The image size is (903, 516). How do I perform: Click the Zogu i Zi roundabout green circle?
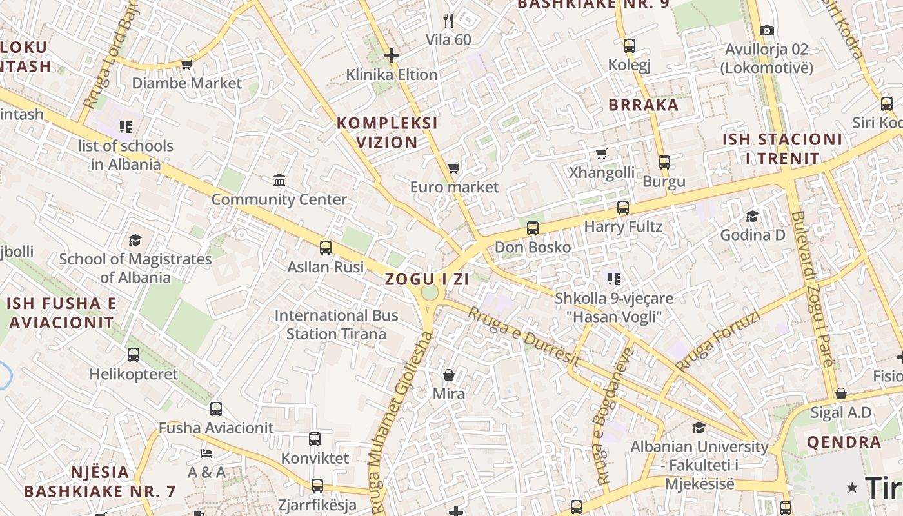pyautogui.click(x=429, y=293)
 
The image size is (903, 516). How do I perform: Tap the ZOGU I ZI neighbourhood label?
pyautogui.click(x=427, y=279)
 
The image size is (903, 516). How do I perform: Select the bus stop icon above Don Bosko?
pyautogui.click(x=532, y=228)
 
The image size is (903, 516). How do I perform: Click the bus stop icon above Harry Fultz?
pyautogui.click(x=622, y=208)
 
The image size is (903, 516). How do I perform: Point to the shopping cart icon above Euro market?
pyautogui.click(x=454, y=168)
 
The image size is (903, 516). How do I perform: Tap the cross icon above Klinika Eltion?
pyautogui.click(x=391, y=55)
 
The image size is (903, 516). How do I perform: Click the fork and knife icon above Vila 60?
pyautogui.click(x=449, y=21)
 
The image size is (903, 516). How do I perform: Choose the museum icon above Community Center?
pyautogui.click(x=279, y=180)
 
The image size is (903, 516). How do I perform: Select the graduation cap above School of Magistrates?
pyautogui.click(x=135, y=240)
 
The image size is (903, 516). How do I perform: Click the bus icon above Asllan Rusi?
pyautogui.click(x=326, y=247)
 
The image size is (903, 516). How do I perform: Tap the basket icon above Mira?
pyautogui.click(x=448, y=375)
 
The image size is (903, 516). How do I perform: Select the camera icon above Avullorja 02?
pyautogui.click(x=766, y=30)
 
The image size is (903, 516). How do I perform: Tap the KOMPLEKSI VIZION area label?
pyautogui.click(x=387, y=132)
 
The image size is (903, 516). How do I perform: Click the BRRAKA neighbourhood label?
pyautogui.click(x=644, y=105)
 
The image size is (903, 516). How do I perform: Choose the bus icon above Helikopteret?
pyautogui.click(x=134, y=354)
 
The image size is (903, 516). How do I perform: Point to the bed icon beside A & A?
pyautogui.click(x=206, y=453)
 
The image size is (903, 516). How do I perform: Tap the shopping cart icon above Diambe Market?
pyautogui.click(x=187, y=64)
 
